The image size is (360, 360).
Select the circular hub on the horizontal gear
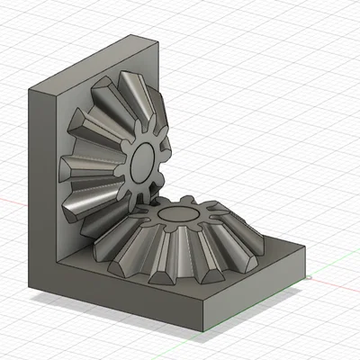(177, 217)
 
